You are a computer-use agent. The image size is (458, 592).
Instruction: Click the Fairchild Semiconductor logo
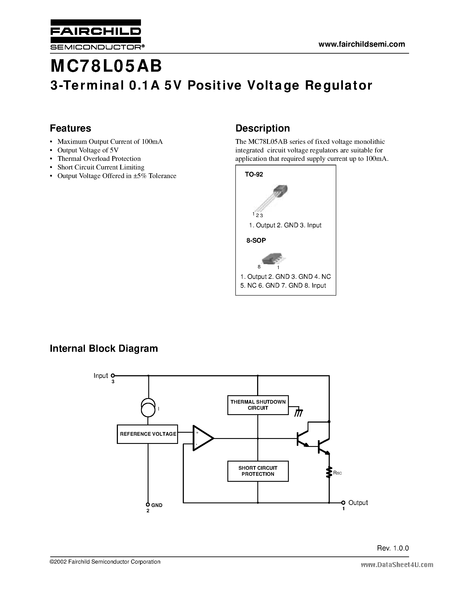tap(95, 34)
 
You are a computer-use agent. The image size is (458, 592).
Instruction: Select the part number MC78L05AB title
tap(106, 66)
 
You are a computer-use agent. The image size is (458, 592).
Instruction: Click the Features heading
tap(70, 128)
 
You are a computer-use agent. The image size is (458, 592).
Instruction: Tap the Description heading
tap(262, 128)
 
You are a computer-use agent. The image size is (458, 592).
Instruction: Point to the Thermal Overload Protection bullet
tap(99, 159)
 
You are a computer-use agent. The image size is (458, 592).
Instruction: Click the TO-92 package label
tap(254, 174)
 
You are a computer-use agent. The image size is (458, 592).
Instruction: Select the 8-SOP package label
tap(256, 240)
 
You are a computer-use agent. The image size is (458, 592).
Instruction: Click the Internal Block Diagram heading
tap(104, 348)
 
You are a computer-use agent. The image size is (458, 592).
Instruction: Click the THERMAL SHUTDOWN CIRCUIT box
tap(258, 405)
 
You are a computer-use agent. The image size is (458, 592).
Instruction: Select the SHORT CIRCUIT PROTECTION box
tap(258, 471)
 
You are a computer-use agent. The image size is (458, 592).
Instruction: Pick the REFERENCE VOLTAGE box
tap(147, 434)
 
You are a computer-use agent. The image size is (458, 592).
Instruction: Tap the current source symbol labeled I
tap(148, 408)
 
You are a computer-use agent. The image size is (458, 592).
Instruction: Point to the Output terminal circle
tap(343, 502)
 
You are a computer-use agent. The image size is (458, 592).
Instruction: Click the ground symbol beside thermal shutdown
tap(299, 412)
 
